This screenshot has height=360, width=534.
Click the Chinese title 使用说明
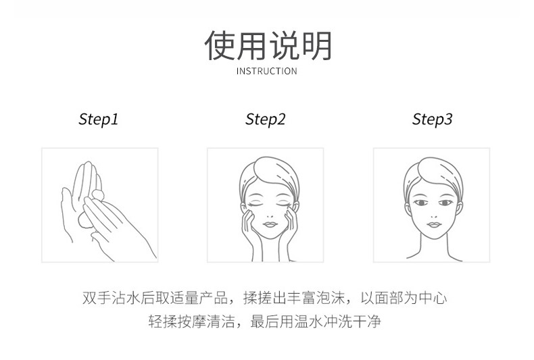[x=268, y=46]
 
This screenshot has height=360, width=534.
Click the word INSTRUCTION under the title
[x=266, y=71]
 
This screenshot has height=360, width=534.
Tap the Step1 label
[x=99, y=120]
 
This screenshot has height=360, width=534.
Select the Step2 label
[x=265, y=120]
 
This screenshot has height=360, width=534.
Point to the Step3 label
[x=432, y=120]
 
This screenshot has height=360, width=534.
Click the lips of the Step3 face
[x=434, y=224]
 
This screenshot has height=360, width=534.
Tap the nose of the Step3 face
[x=433, y=215]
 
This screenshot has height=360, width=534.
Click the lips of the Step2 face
[x=270, y=224]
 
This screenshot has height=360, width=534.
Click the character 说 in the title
[x=283, y=46]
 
